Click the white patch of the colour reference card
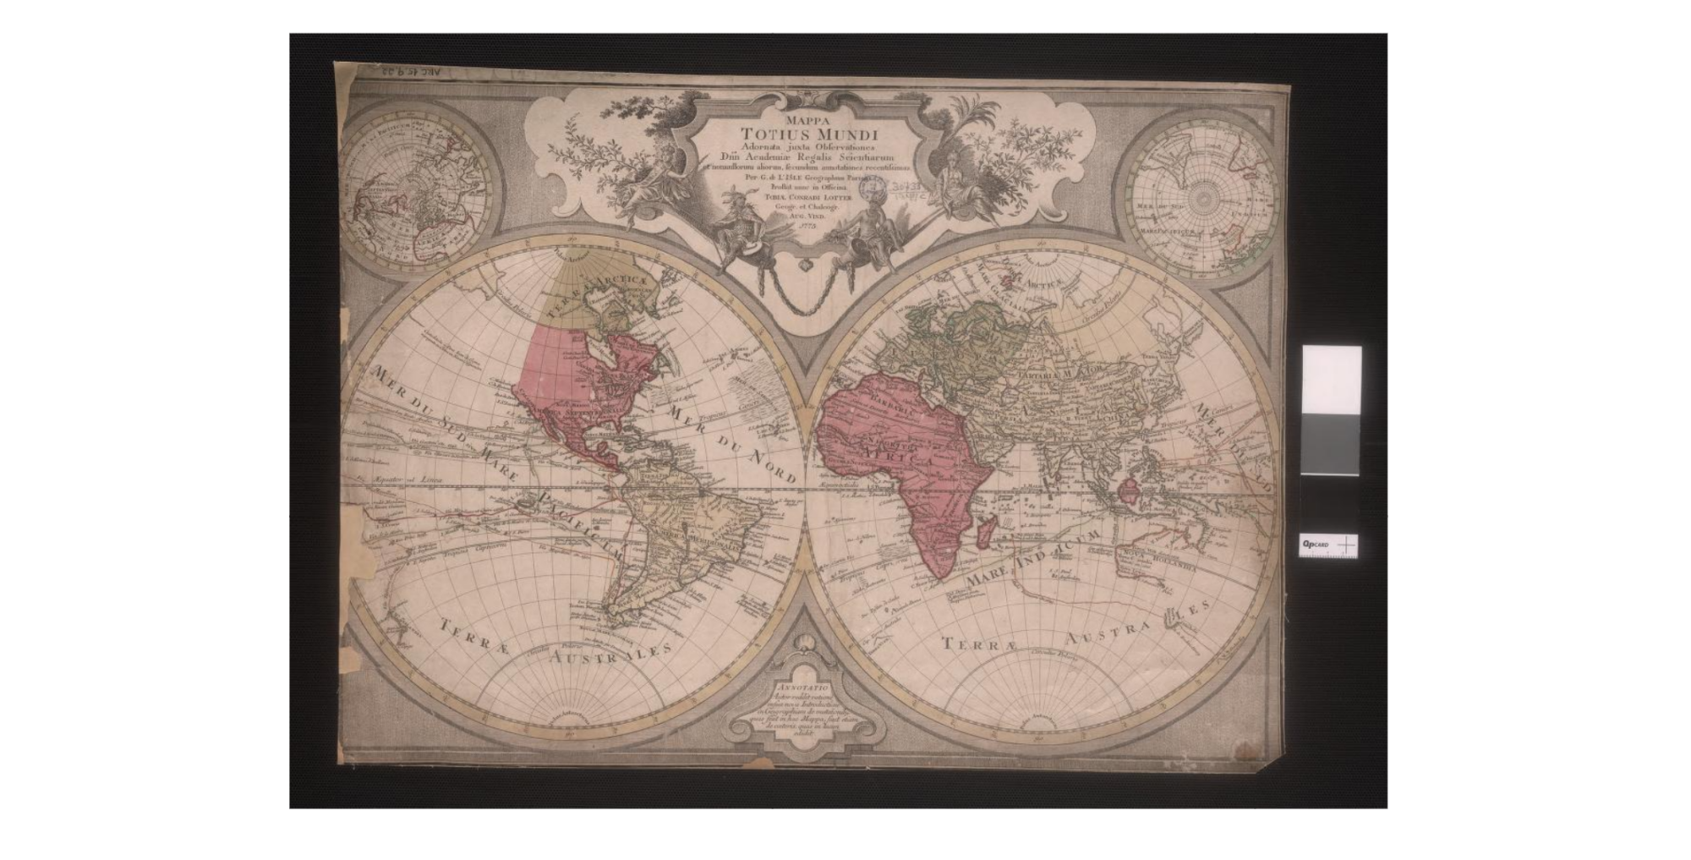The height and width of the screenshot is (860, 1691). pos(1331,379)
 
